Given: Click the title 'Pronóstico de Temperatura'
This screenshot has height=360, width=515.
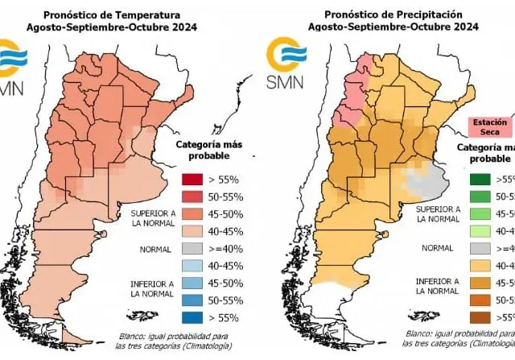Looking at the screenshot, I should (122, 13).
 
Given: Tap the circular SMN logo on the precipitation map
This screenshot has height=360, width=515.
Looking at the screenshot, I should (281, 58).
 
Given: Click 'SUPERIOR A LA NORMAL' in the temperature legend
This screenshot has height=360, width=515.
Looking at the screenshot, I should (145, 216).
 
